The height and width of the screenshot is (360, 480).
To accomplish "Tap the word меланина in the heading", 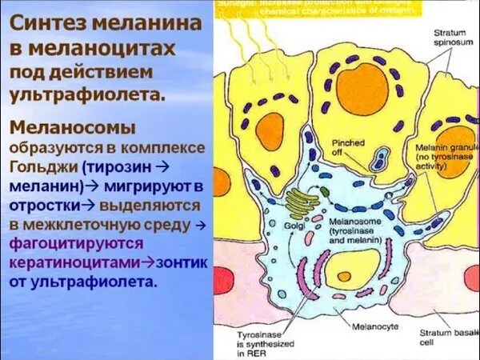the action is pos(150,22).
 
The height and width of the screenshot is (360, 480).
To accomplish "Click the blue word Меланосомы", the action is pos(73,127).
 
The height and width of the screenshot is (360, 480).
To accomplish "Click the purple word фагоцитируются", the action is pos(77,243).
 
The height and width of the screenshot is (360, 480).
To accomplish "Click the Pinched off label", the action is pos(349,147).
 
